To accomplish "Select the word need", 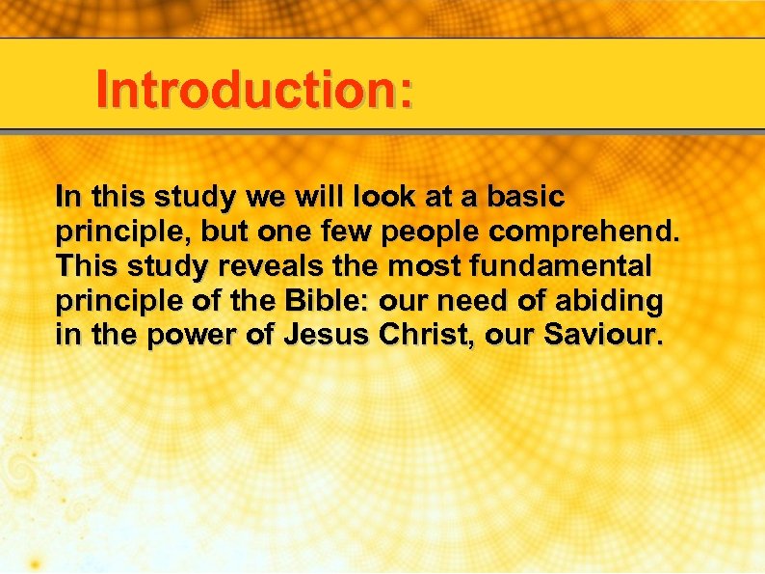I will (462, 302).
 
